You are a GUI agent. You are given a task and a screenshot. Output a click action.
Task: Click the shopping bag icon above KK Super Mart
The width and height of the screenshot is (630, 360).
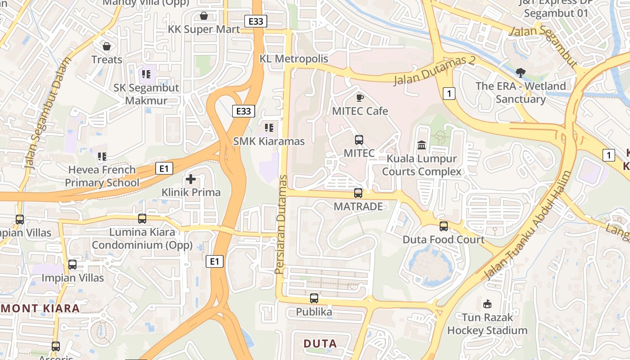pyautogui.click(x=204, y=16)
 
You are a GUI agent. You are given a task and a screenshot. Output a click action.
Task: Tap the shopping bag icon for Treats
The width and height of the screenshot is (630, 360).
pyautogui.click(x=107, y=46)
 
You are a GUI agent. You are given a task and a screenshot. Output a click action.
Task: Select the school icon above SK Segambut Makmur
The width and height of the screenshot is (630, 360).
pyautogui.click(x=145, y=74)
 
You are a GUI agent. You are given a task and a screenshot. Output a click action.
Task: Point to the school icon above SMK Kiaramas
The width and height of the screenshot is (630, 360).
pyautogui.click(x=269, y=128)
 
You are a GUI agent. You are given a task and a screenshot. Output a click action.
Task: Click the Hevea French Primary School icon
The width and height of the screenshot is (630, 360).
pyautogui.click(x=102, y=157)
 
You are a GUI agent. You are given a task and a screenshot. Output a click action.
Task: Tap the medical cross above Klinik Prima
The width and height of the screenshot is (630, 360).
pyautogui.click(x=191, y=179)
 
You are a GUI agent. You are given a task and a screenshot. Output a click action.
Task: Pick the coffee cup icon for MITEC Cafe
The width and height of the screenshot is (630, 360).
pyautogui.click(x=360, y=97)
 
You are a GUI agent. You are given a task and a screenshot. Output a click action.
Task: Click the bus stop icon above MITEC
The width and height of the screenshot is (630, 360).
pyautogui.click(x=359, y=140)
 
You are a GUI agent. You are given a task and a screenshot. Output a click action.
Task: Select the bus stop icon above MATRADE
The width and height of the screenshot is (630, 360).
pyautogui.click(x=358, y=193)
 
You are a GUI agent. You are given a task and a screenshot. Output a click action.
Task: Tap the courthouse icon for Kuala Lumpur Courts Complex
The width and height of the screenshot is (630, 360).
pyautogui.click(x=422, y=145)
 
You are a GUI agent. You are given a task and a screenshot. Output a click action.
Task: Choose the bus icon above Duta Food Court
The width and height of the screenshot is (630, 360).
pyautogui.click(x=444, y=226)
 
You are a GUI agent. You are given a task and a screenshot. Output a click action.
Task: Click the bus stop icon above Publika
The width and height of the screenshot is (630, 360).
pyautogui.click(x=314, y=298)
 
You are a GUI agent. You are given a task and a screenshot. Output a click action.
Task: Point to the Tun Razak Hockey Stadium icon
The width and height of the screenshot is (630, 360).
pyautogui.click(x=487, y=304)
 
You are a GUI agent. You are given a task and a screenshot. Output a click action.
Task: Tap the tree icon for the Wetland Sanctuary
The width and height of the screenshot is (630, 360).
pyautogui.click(x=521, y=72)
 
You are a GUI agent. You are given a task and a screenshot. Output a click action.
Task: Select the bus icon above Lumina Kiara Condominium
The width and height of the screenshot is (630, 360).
pyautogui.click(x=142, y=219)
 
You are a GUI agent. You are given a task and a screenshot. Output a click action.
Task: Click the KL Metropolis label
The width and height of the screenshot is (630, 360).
pyautogui.click(x=294, y=59)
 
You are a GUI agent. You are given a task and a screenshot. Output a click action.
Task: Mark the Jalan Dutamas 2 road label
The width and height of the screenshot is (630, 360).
pyautogui.click(x=435, y=71)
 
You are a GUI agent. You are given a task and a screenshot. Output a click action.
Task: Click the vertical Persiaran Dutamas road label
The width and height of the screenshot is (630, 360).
pyautogui.click(x=281, y=224)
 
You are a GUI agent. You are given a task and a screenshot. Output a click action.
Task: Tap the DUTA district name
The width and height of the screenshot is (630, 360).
pyautogui.click(x=320, y=344)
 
